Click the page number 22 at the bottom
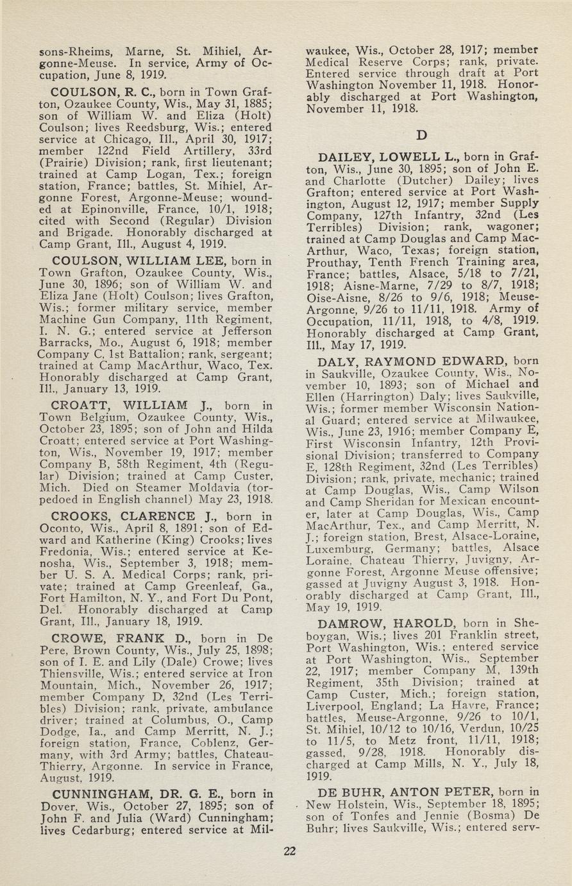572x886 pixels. pyautogui.click(x=290, y=851)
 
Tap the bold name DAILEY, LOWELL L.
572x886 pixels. pyautogui.click(x=393, y=157)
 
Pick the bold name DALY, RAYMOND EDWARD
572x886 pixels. pyautogui.click(x=418, y=361)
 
